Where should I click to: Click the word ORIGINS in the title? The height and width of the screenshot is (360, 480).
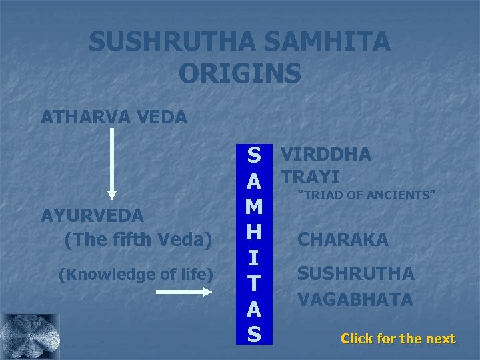pyautogui.click(x=240, y=73)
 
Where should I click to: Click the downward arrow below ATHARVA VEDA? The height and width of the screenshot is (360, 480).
pyautogui.click(x=112, y=163)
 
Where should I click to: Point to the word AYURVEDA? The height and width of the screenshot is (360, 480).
pyautogui.click(x=92, y=216)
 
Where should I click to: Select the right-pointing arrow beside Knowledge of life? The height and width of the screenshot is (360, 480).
pyautogui.click(x=194, y=291)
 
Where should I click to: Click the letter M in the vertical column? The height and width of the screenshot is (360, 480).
pyautogui.click(x=254, y=207)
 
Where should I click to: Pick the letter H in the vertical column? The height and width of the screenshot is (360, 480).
pyautogui.click(x=254, y=233)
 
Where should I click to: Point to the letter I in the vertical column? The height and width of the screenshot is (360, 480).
pyautogui.click(x=254, y=258)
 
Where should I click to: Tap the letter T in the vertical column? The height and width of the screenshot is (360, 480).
pyautogui.click(x=254, y=283)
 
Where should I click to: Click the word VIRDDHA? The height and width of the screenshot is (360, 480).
pyautogui.click(x=326, y=155)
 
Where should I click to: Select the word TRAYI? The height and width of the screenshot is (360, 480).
pyautogui.click(x=311, y=177)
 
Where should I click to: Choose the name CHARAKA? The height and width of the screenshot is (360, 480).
pyautogui.click(x=343, y=239)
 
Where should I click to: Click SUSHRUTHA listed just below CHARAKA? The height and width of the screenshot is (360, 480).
pyautogui.click(x=356, y=273)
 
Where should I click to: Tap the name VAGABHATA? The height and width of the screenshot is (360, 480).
pyautogui.click(x=355, y=299)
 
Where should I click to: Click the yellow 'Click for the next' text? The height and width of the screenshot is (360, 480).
pyautogui.click(x=398, y=339)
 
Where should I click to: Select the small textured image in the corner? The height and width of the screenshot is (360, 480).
pyautogui.click(x=30, y=337)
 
